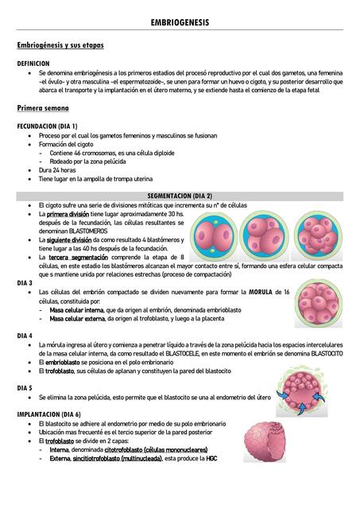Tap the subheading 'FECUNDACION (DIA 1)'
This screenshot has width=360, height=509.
click(x=47, y=126)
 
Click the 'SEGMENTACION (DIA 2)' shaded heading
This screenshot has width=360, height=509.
click(x=180, y=196)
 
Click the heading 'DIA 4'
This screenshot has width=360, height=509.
click(x=25, y=336)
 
